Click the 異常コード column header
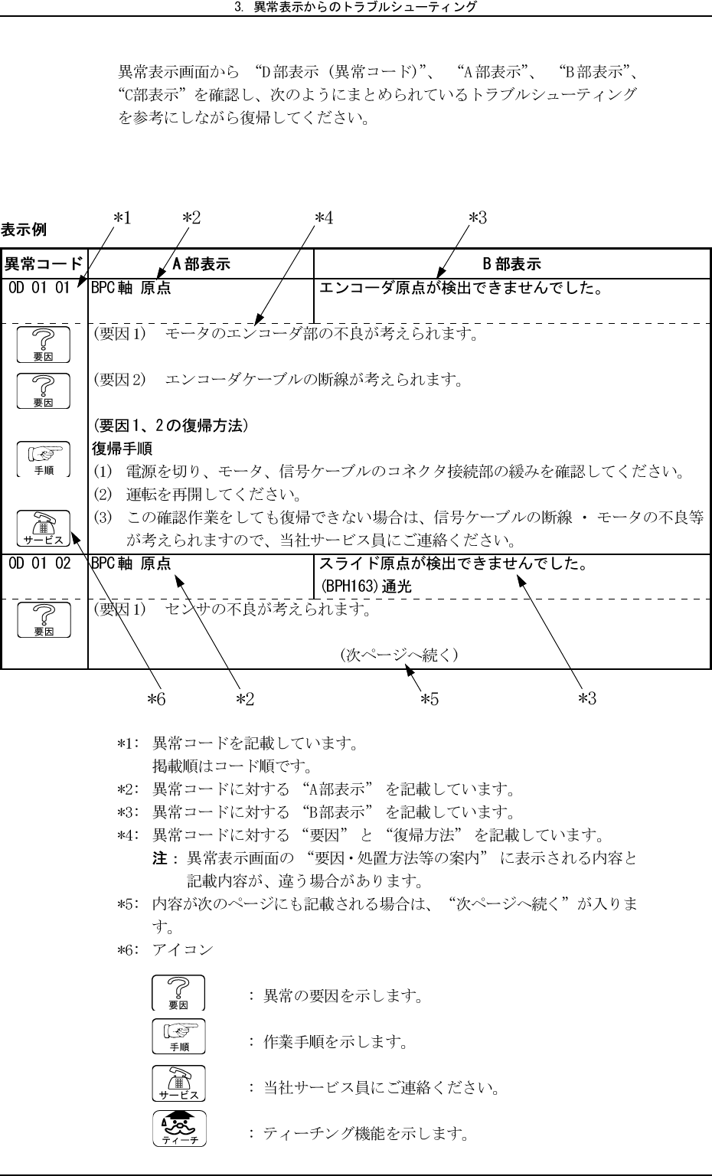(44, 264)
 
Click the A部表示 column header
(201, 264)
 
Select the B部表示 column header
(511, 264)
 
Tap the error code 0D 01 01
(40, 289)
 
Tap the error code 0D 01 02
(40, 564)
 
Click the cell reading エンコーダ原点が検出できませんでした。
(460, 289)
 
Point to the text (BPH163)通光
(365, 586)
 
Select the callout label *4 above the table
(324, 218)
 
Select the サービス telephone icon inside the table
(44, 528)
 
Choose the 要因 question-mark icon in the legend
(178, 994)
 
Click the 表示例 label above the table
(24, 229)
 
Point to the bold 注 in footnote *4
(160, 857)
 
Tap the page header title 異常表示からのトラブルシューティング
(356, 7)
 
